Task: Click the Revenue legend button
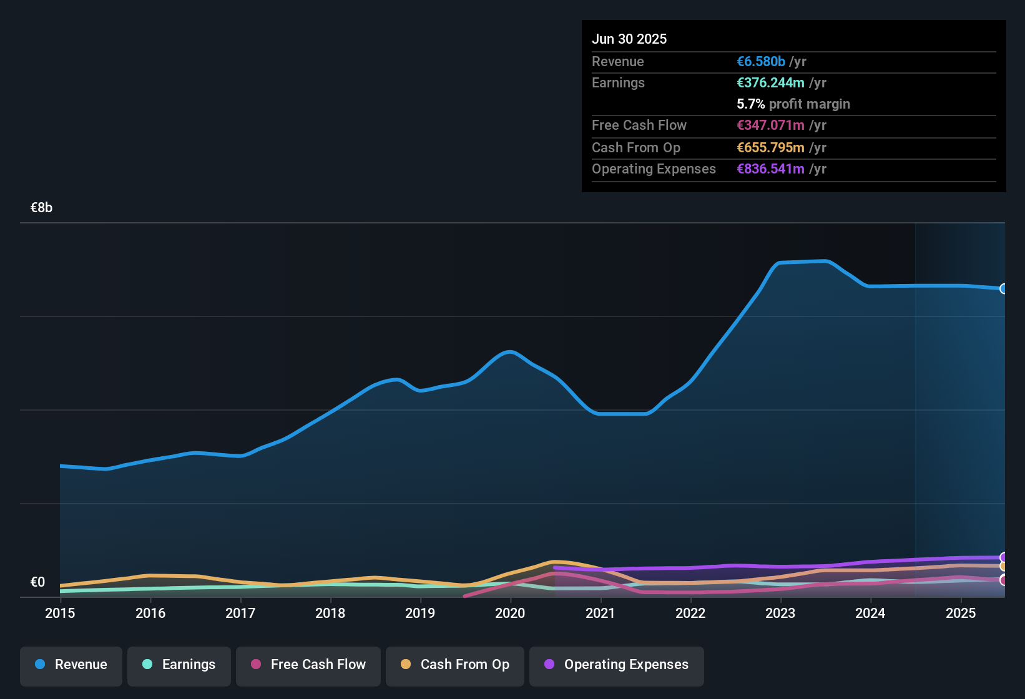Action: tap(71, 665)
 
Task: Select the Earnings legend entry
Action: tap(179, 665)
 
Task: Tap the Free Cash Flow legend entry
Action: tap(308, 665)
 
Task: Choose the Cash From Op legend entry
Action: tap(455, 665)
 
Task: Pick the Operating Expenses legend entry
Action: tap(617, 665)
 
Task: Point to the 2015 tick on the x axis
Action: tap(60, 613)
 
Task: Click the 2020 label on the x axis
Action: tap(510, 613)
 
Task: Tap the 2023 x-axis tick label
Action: tap(780, 613)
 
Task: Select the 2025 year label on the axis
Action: tap(961, 613)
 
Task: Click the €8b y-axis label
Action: tap(42, 208)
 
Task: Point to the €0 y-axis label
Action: tap(38, 582)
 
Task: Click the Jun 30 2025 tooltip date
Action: tap(629, 39)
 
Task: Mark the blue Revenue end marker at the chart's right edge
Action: tap(1004, 288)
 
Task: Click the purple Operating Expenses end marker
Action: tap(1004, 557)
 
